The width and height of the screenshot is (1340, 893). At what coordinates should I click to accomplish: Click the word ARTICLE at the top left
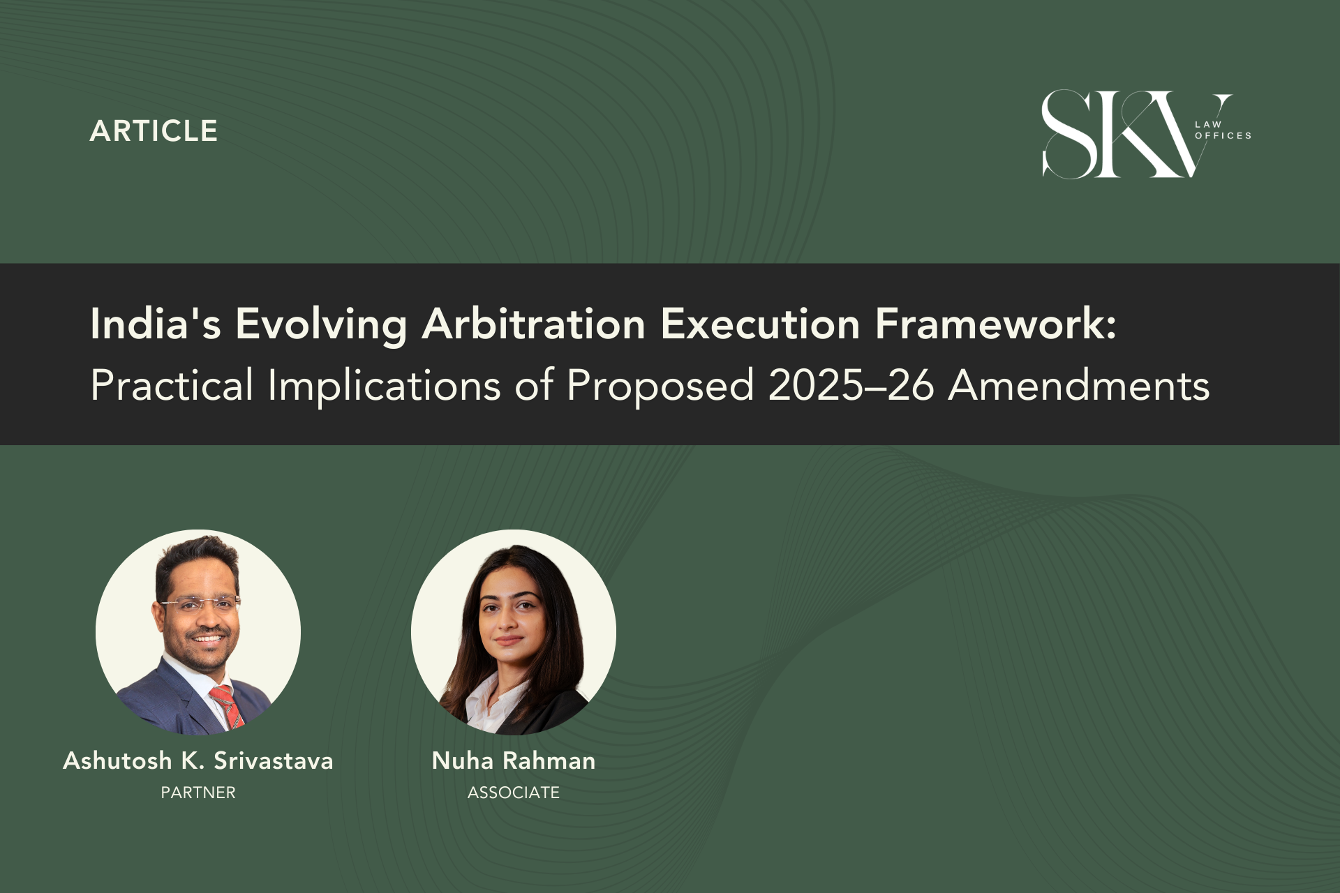point(154,131)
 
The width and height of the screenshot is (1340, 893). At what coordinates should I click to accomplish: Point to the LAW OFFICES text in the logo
point(1223,130)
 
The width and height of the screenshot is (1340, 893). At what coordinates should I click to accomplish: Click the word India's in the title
point(156,324)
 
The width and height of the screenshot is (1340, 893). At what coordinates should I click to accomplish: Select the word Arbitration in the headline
point(534,324)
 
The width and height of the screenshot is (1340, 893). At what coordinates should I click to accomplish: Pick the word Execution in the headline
point(760,324)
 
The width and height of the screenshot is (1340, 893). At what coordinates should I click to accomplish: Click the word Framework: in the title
point(996,324)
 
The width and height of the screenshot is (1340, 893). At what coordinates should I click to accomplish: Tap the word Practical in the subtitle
point(172,385)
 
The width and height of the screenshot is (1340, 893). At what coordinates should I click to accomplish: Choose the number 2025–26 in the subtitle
point(851,385)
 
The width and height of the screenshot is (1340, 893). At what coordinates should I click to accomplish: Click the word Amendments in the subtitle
point(1079,385)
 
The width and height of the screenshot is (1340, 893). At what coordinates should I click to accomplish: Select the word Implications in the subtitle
point(385,385)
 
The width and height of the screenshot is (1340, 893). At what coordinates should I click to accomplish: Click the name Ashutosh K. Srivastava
point(198,760)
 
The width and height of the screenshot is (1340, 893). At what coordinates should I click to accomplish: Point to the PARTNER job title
point(198,793)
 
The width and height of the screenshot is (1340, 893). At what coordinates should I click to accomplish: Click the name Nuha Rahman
point(514,760)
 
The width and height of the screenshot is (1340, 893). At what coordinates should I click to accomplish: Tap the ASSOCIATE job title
point(514,793)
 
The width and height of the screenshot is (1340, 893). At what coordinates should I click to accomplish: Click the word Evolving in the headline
point(322,324)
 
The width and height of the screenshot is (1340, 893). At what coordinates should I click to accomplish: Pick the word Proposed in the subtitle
point(660,385)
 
